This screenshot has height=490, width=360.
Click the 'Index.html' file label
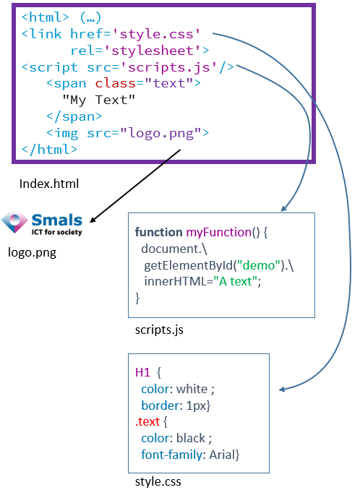pyautogui.click(x=49, y=184)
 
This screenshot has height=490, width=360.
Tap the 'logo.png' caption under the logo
pyautogui.click(x=33, y=252)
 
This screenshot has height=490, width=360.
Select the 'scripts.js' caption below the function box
pyautogui.click(x=159, y=330)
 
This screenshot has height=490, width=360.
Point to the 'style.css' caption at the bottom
pyautogui.click(x=158, y=481)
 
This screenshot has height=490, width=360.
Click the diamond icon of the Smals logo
pyautogui.click(x=14, y=222)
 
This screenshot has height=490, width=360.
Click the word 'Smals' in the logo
pyautogui.click(x=57, y=220)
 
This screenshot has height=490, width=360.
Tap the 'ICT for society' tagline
pyautogui.click(x=56, y=232)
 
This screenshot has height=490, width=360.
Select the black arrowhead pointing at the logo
pyautogui.click(x=93, y=219)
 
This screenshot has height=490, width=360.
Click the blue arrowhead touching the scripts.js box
pyautogui.click(x=284, y=208)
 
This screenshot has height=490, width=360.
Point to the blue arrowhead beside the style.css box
pyautogui.click(x=282, y=390)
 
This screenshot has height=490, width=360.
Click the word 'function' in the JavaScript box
pyautogui.click(x=158, y=232)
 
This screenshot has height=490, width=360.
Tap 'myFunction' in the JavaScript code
pyautogui.click(x=219, y=233)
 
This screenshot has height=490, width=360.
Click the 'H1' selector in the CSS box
pyautogui.click(x=142, y=372)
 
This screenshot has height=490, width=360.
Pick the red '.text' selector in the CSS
pyautogui.click(x=147, y=422)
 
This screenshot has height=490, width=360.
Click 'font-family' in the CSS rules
pyautogui.click(x=171, y=455)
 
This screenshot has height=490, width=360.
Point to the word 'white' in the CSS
pyautogui.click(x=192, y=389)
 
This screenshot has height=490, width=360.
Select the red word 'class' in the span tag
pyautogui.click(x=116, y=83)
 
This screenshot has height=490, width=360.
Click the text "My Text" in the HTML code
pyautogui.click(x=99, y=100)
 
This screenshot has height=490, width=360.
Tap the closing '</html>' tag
pyautogui.click(x=49, y=150)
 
